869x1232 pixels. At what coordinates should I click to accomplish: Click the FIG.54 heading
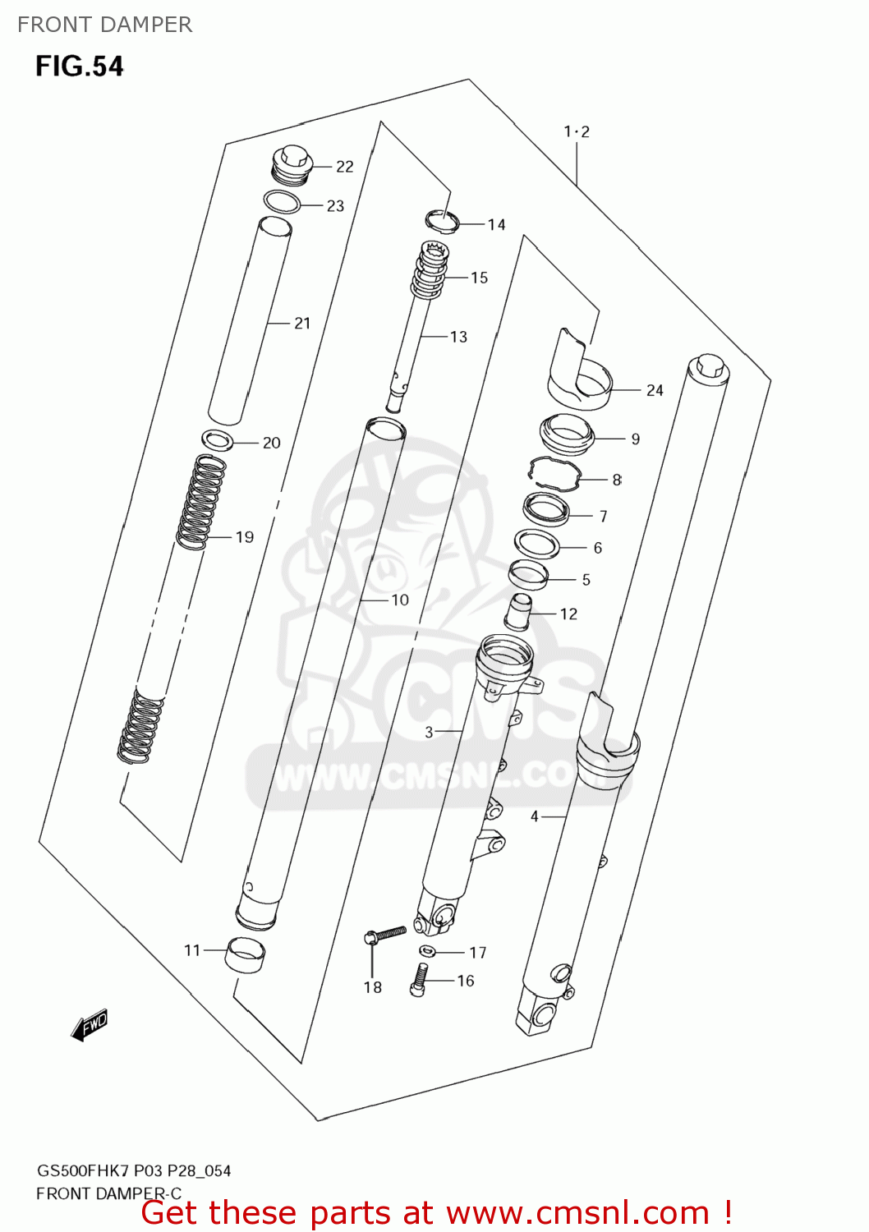[79, 66]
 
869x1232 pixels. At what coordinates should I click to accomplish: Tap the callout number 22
[344, 167]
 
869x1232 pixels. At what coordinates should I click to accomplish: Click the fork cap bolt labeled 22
[292, 163]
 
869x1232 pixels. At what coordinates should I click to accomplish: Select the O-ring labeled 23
[281, 201]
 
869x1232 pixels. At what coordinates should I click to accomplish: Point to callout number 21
[302, 324]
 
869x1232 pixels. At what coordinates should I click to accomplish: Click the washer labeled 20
[218, 440]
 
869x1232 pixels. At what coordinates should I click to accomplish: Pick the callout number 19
[245, 537]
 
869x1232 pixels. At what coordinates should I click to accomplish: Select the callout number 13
[458, 337]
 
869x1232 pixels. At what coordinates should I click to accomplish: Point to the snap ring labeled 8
[553, 473]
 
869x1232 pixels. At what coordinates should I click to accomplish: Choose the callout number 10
[400, 600]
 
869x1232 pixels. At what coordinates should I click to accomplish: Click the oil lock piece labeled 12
[520, 611]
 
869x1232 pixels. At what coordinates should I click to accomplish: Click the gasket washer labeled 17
[427, 951]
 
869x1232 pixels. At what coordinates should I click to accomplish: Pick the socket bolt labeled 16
[418, 979]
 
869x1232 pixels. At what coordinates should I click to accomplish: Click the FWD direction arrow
[90, 1026]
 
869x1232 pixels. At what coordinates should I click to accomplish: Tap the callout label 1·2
[577, 131]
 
